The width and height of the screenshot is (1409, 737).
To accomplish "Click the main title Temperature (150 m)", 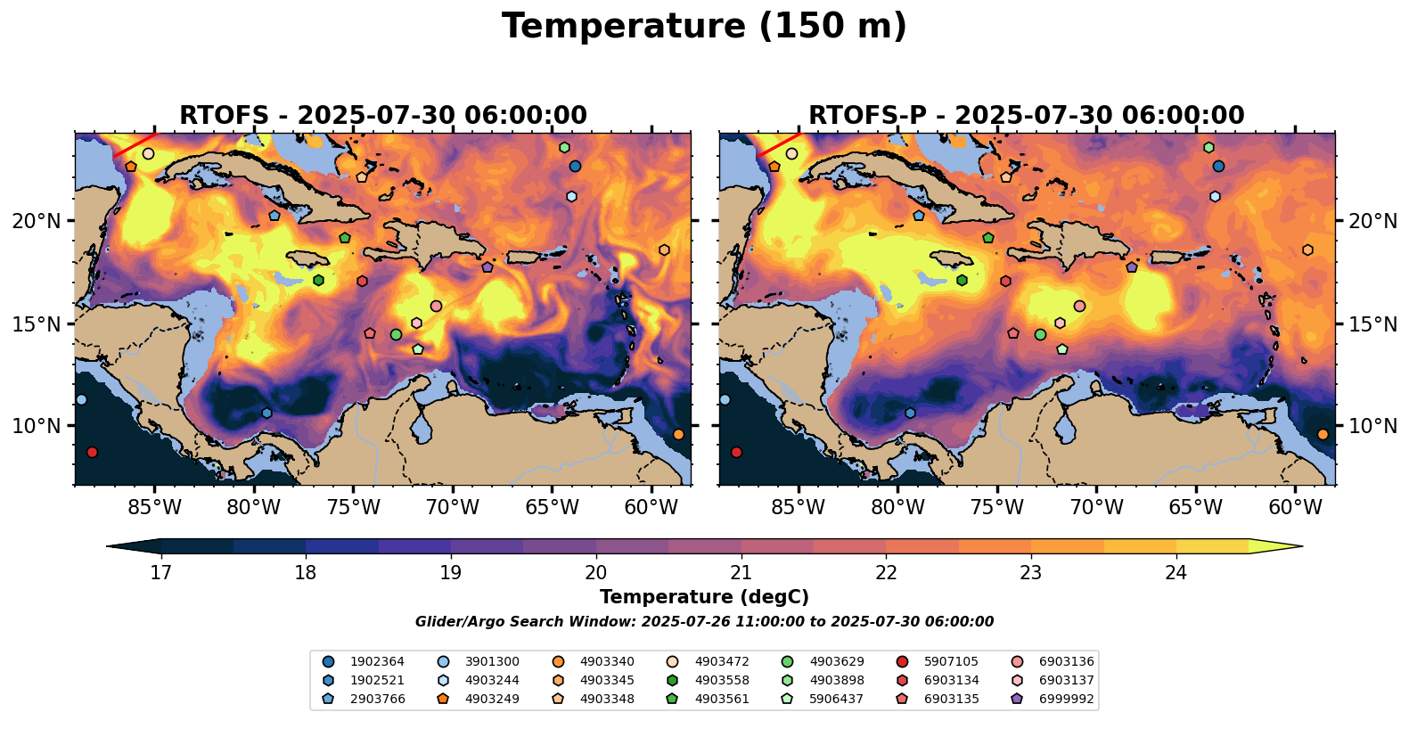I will (704, 27).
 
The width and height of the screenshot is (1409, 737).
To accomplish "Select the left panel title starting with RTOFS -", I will (383, 116).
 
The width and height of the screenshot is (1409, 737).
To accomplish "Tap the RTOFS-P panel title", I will (1026, 116).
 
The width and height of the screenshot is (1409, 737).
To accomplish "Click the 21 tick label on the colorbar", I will (741, 572).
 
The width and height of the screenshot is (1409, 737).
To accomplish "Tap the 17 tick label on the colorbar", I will (160, 572).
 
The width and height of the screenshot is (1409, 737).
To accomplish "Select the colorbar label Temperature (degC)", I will (704, 597).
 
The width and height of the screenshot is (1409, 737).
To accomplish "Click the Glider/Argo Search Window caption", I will (704, 622).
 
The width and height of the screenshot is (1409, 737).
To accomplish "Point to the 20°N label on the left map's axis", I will (37, 221).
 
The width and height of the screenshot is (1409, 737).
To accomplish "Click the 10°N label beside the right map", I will (1373, 426).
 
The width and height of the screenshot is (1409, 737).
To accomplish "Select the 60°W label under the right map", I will (1295, 508).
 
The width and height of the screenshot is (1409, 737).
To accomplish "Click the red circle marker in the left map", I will (92, 453).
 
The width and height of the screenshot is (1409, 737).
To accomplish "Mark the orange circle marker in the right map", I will (1323, 434).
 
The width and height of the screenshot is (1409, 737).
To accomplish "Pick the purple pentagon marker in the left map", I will (487, 267).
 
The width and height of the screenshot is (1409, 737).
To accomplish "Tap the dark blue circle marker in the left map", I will (575, 167).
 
